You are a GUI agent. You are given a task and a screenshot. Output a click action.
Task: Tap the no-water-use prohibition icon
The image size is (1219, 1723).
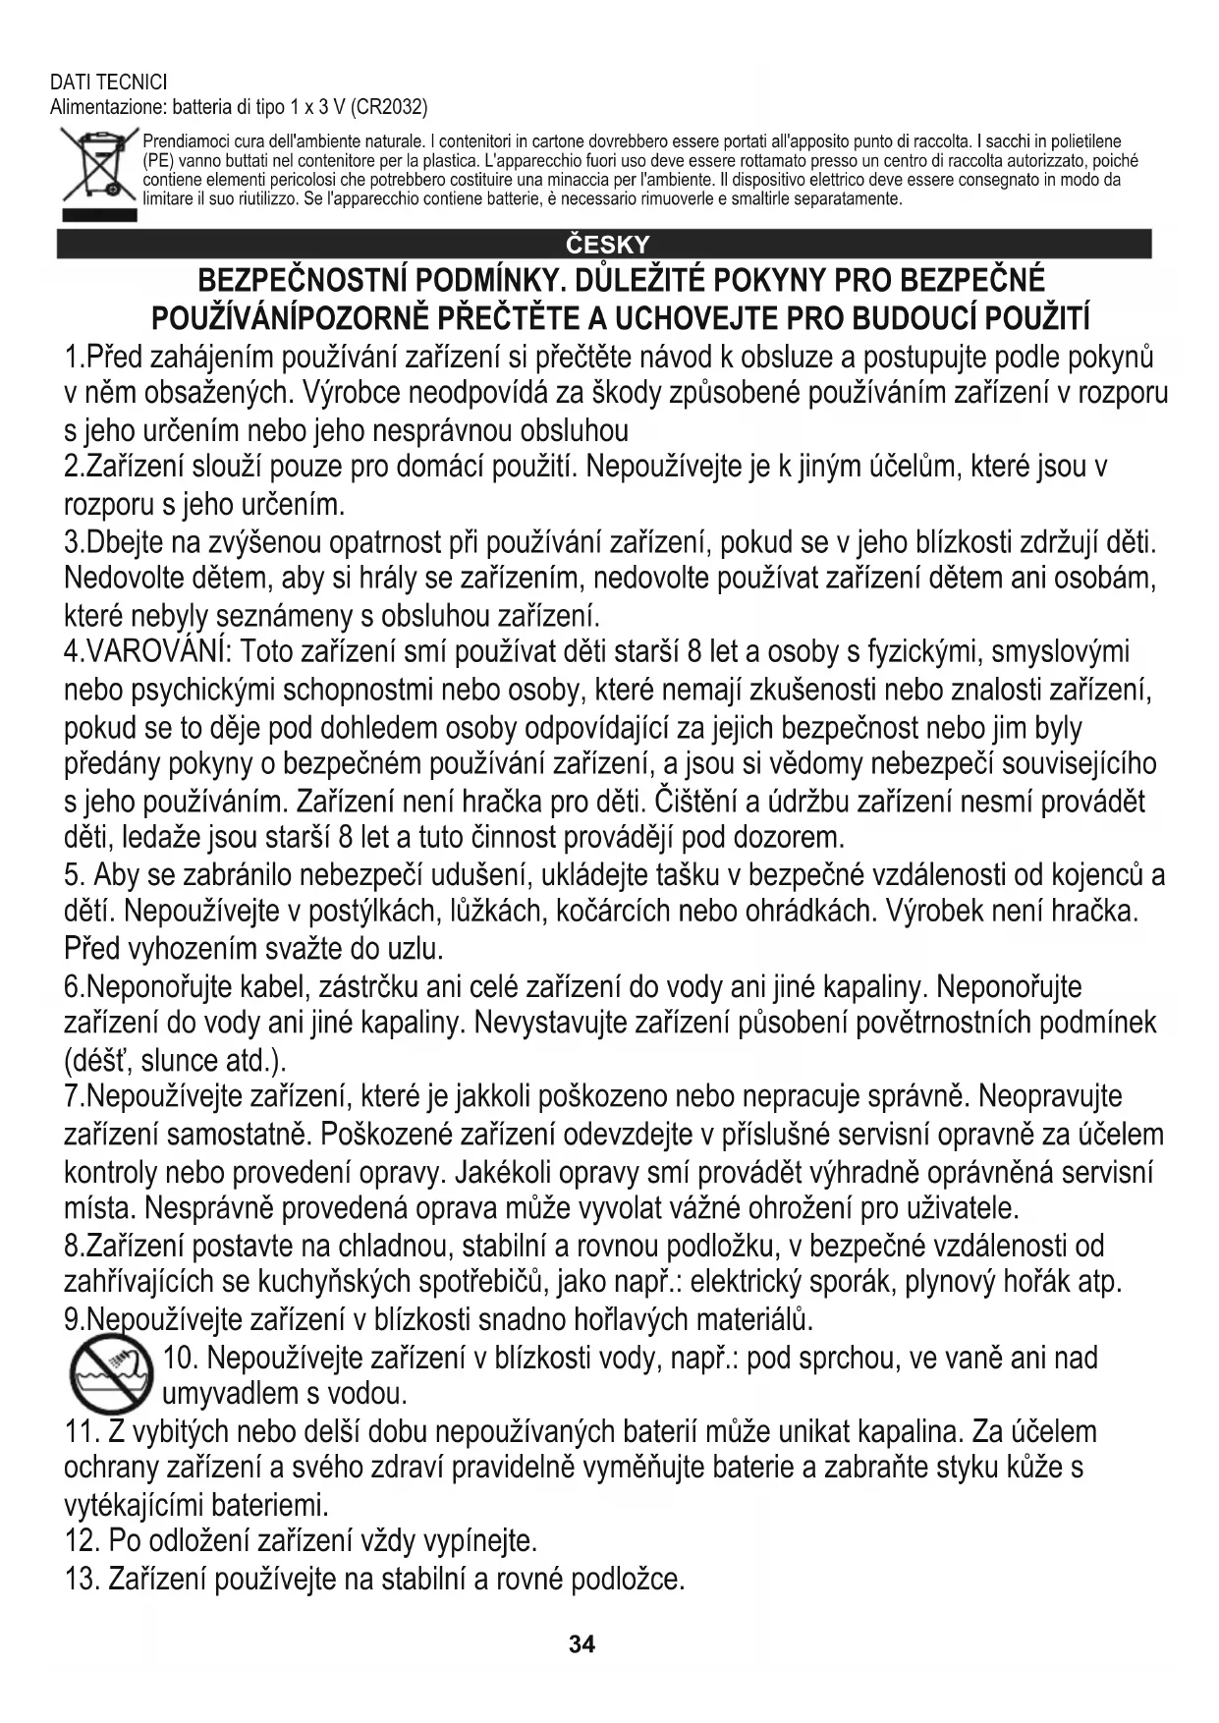pyautogui.click(x=108, y=1375)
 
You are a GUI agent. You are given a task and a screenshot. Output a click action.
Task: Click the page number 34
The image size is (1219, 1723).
pyautogui.click(x=582, y=1644)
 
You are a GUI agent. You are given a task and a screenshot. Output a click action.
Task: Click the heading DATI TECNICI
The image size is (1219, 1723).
pyautogui.click(x=108, y=83)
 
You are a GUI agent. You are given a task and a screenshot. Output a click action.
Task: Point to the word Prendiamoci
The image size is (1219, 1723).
pyautogui.click(x=181, y=141)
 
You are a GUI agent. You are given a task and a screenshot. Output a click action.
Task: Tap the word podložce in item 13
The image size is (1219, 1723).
pyautogui.click(x=628, y=1580)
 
